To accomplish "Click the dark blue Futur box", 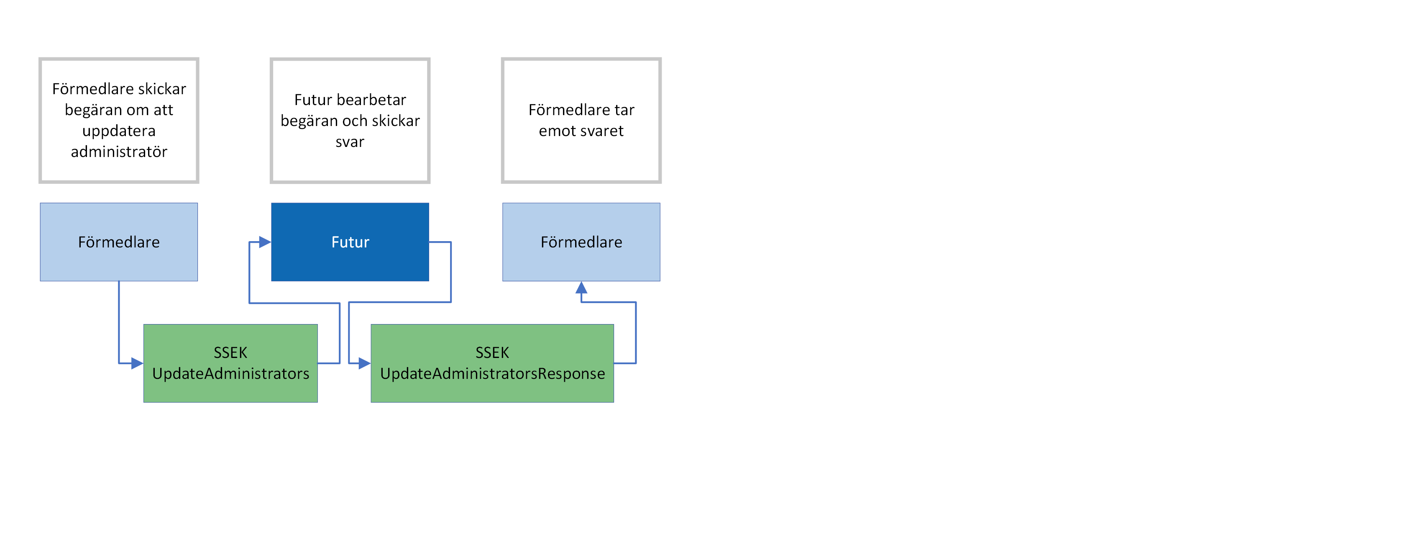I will coord(350,242).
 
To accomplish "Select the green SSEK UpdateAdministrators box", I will coord(230,363).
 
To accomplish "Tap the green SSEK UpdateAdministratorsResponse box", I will coord(492,363).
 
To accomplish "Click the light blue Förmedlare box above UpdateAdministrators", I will coord(119,242).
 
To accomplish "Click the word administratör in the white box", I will coord(119,152).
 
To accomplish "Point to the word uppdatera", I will coord(119,131).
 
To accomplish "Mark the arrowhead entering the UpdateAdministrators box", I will coord(137,363).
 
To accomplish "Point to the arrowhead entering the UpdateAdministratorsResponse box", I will coord(364,363).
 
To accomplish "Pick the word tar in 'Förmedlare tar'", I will coord(624,111).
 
